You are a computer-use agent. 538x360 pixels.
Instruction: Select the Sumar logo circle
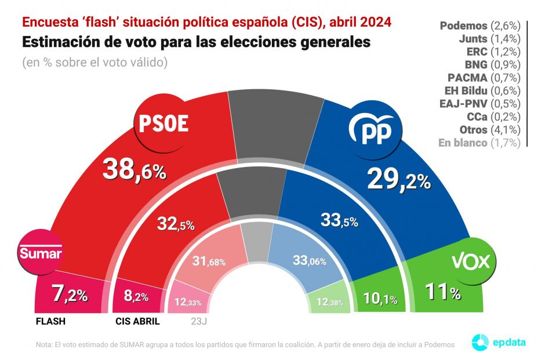click(x=41, y=253)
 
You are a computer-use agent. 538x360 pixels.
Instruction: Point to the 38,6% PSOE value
click(x=134, y=169)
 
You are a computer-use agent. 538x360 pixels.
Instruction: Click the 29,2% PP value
click(x=399, y=181)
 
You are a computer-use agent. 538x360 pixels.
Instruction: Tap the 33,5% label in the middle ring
click(x=339, y=220)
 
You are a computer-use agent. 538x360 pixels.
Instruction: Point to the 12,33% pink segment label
click(x=187, y=302)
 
